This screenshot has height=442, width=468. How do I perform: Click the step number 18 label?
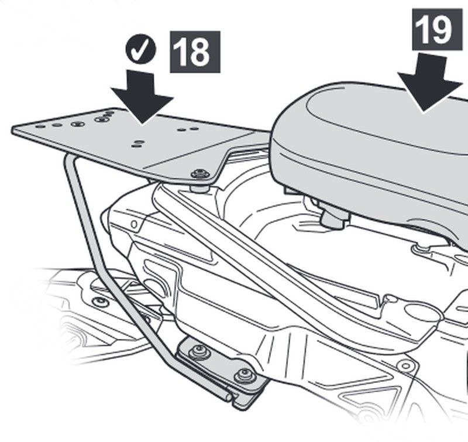coord(195,52)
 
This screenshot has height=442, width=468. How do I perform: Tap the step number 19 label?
coord(437,30)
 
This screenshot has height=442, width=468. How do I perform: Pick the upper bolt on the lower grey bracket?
coord(198,351)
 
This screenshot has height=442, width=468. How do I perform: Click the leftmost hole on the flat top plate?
coord(40,126)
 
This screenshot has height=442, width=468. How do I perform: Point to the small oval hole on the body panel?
coord(135,224)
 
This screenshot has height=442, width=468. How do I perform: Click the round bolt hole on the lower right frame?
coord(405,365)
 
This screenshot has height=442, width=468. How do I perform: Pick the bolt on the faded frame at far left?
coord(101,301)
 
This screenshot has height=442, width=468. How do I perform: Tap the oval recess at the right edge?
coord(424,311)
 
